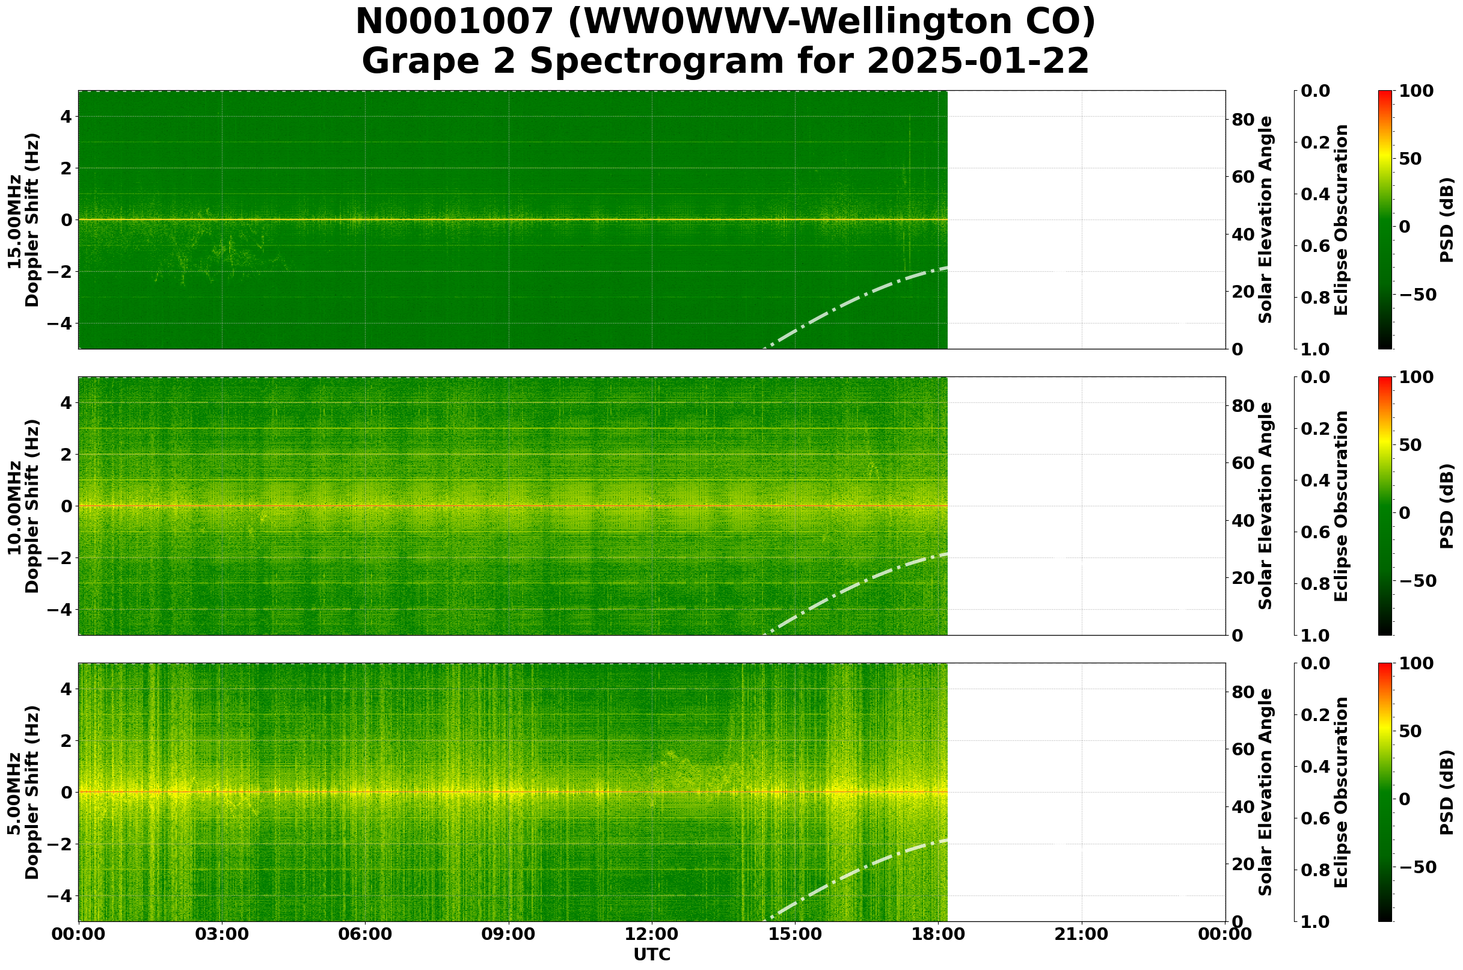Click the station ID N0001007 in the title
click(455, 23)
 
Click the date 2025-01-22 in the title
click(977, 62)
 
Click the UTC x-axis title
click(651, 954)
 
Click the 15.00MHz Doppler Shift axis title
click(23, 219)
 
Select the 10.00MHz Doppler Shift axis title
click(23, 506)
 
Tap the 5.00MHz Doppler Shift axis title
click(23, 793)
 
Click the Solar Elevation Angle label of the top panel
click(1266, 219)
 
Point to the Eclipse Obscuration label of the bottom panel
click(1340, 793)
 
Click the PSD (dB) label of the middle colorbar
click(1446, 506)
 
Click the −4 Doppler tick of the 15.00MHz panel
click(63, 324)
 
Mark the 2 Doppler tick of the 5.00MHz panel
click(67, 740)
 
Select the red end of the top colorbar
click(1385, 93)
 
